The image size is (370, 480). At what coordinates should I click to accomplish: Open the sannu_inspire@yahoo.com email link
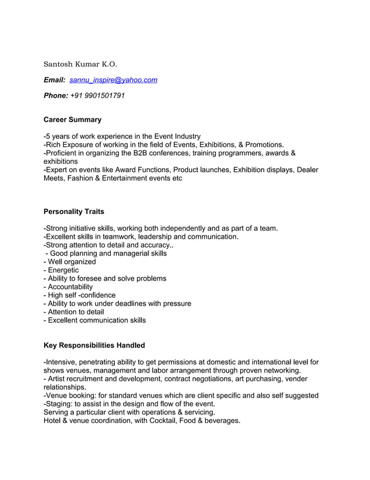[113, 80]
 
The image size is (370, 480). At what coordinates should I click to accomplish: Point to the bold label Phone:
[56, 95]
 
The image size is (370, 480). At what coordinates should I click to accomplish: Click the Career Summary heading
[72, 120]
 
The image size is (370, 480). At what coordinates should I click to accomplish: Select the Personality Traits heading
[74, 212]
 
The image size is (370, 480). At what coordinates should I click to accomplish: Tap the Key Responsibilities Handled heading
[94, 345]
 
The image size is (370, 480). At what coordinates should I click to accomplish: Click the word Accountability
[70, 286]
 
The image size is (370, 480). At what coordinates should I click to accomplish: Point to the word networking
[281, 370]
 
